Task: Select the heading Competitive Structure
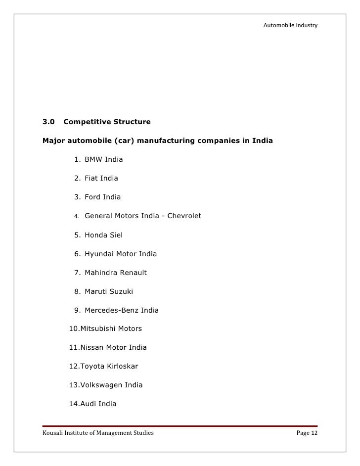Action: point(107,121)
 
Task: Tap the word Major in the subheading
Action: point(54,140)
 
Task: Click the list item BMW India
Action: point(103,159)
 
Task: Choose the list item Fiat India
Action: point(101,178)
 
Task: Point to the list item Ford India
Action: point(102,197)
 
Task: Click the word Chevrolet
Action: point(184,216)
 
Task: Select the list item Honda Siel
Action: point(103,235)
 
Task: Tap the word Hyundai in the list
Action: point(99,254)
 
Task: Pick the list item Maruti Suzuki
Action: point(109,291)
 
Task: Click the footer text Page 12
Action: point(307,434)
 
